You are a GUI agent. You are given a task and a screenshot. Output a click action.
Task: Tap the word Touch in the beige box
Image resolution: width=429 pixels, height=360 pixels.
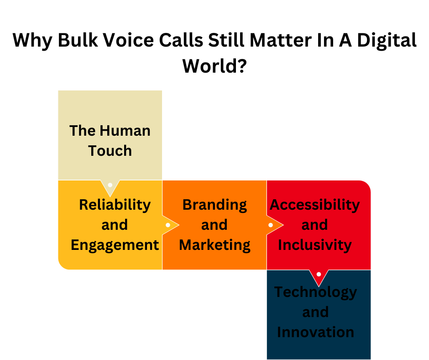click(110, 151)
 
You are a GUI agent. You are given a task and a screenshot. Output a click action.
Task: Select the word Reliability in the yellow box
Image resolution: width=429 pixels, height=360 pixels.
click(115, 205)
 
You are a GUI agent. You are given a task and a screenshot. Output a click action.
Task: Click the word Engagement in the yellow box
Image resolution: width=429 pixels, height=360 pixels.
click(115, 245)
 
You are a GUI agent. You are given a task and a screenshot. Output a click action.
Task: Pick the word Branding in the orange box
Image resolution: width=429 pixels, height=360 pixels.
click(214, 205)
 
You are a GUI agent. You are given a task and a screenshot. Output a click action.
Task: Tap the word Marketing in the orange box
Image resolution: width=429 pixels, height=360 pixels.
click(214, 245)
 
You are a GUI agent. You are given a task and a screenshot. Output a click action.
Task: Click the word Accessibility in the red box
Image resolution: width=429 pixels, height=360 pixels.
click(315, 205)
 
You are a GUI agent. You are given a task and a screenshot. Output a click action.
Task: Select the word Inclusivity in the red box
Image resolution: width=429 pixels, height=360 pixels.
click(315, 245)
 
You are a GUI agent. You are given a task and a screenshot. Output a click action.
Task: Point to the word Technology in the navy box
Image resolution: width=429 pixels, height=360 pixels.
click(315, 292)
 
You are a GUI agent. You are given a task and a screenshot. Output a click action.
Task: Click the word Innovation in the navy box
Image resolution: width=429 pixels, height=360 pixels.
click(315, 332)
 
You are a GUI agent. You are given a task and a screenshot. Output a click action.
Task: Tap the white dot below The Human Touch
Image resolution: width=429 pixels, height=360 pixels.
click(110, 185)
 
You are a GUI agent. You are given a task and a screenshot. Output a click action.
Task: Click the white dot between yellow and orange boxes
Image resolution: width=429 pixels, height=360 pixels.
click(168, 225)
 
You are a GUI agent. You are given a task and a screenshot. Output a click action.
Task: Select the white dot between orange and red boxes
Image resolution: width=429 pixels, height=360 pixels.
click(271, 225)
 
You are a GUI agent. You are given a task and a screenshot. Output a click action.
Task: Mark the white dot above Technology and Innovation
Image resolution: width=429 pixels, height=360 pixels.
click(319, 274)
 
